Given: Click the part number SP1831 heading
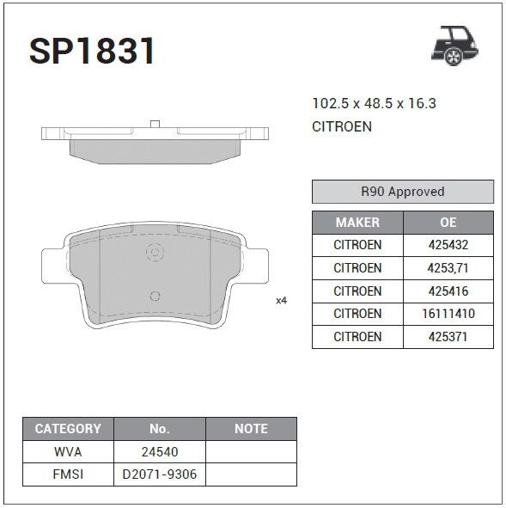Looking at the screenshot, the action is pyautogui.click(x=92, y=51).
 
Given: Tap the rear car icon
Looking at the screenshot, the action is pyautogui.click(x=454, y=46).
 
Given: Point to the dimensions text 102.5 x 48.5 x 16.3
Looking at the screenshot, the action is pyautogui.click(x=374, y=103).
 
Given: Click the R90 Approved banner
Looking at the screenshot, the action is pyautogui.click(x=403, y=192).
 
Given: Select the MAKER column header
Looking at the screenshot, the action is pyautogui.click(x=357, y=223).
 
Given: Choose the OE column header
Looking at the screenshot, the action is pyautogui.click(x=448, y=223).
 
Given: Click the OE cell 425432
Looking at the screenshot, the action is pyautogui.click(x=448, y=245).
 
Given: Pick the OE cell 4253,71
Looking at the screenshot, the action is pyautogui.click(x=448, y=268).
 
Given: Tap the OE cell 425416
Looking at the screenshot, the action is pyautogui.click(x=448, y=291).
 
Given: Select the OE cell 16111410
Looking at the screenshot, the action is pyautogui.click(x=448, y=314).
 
